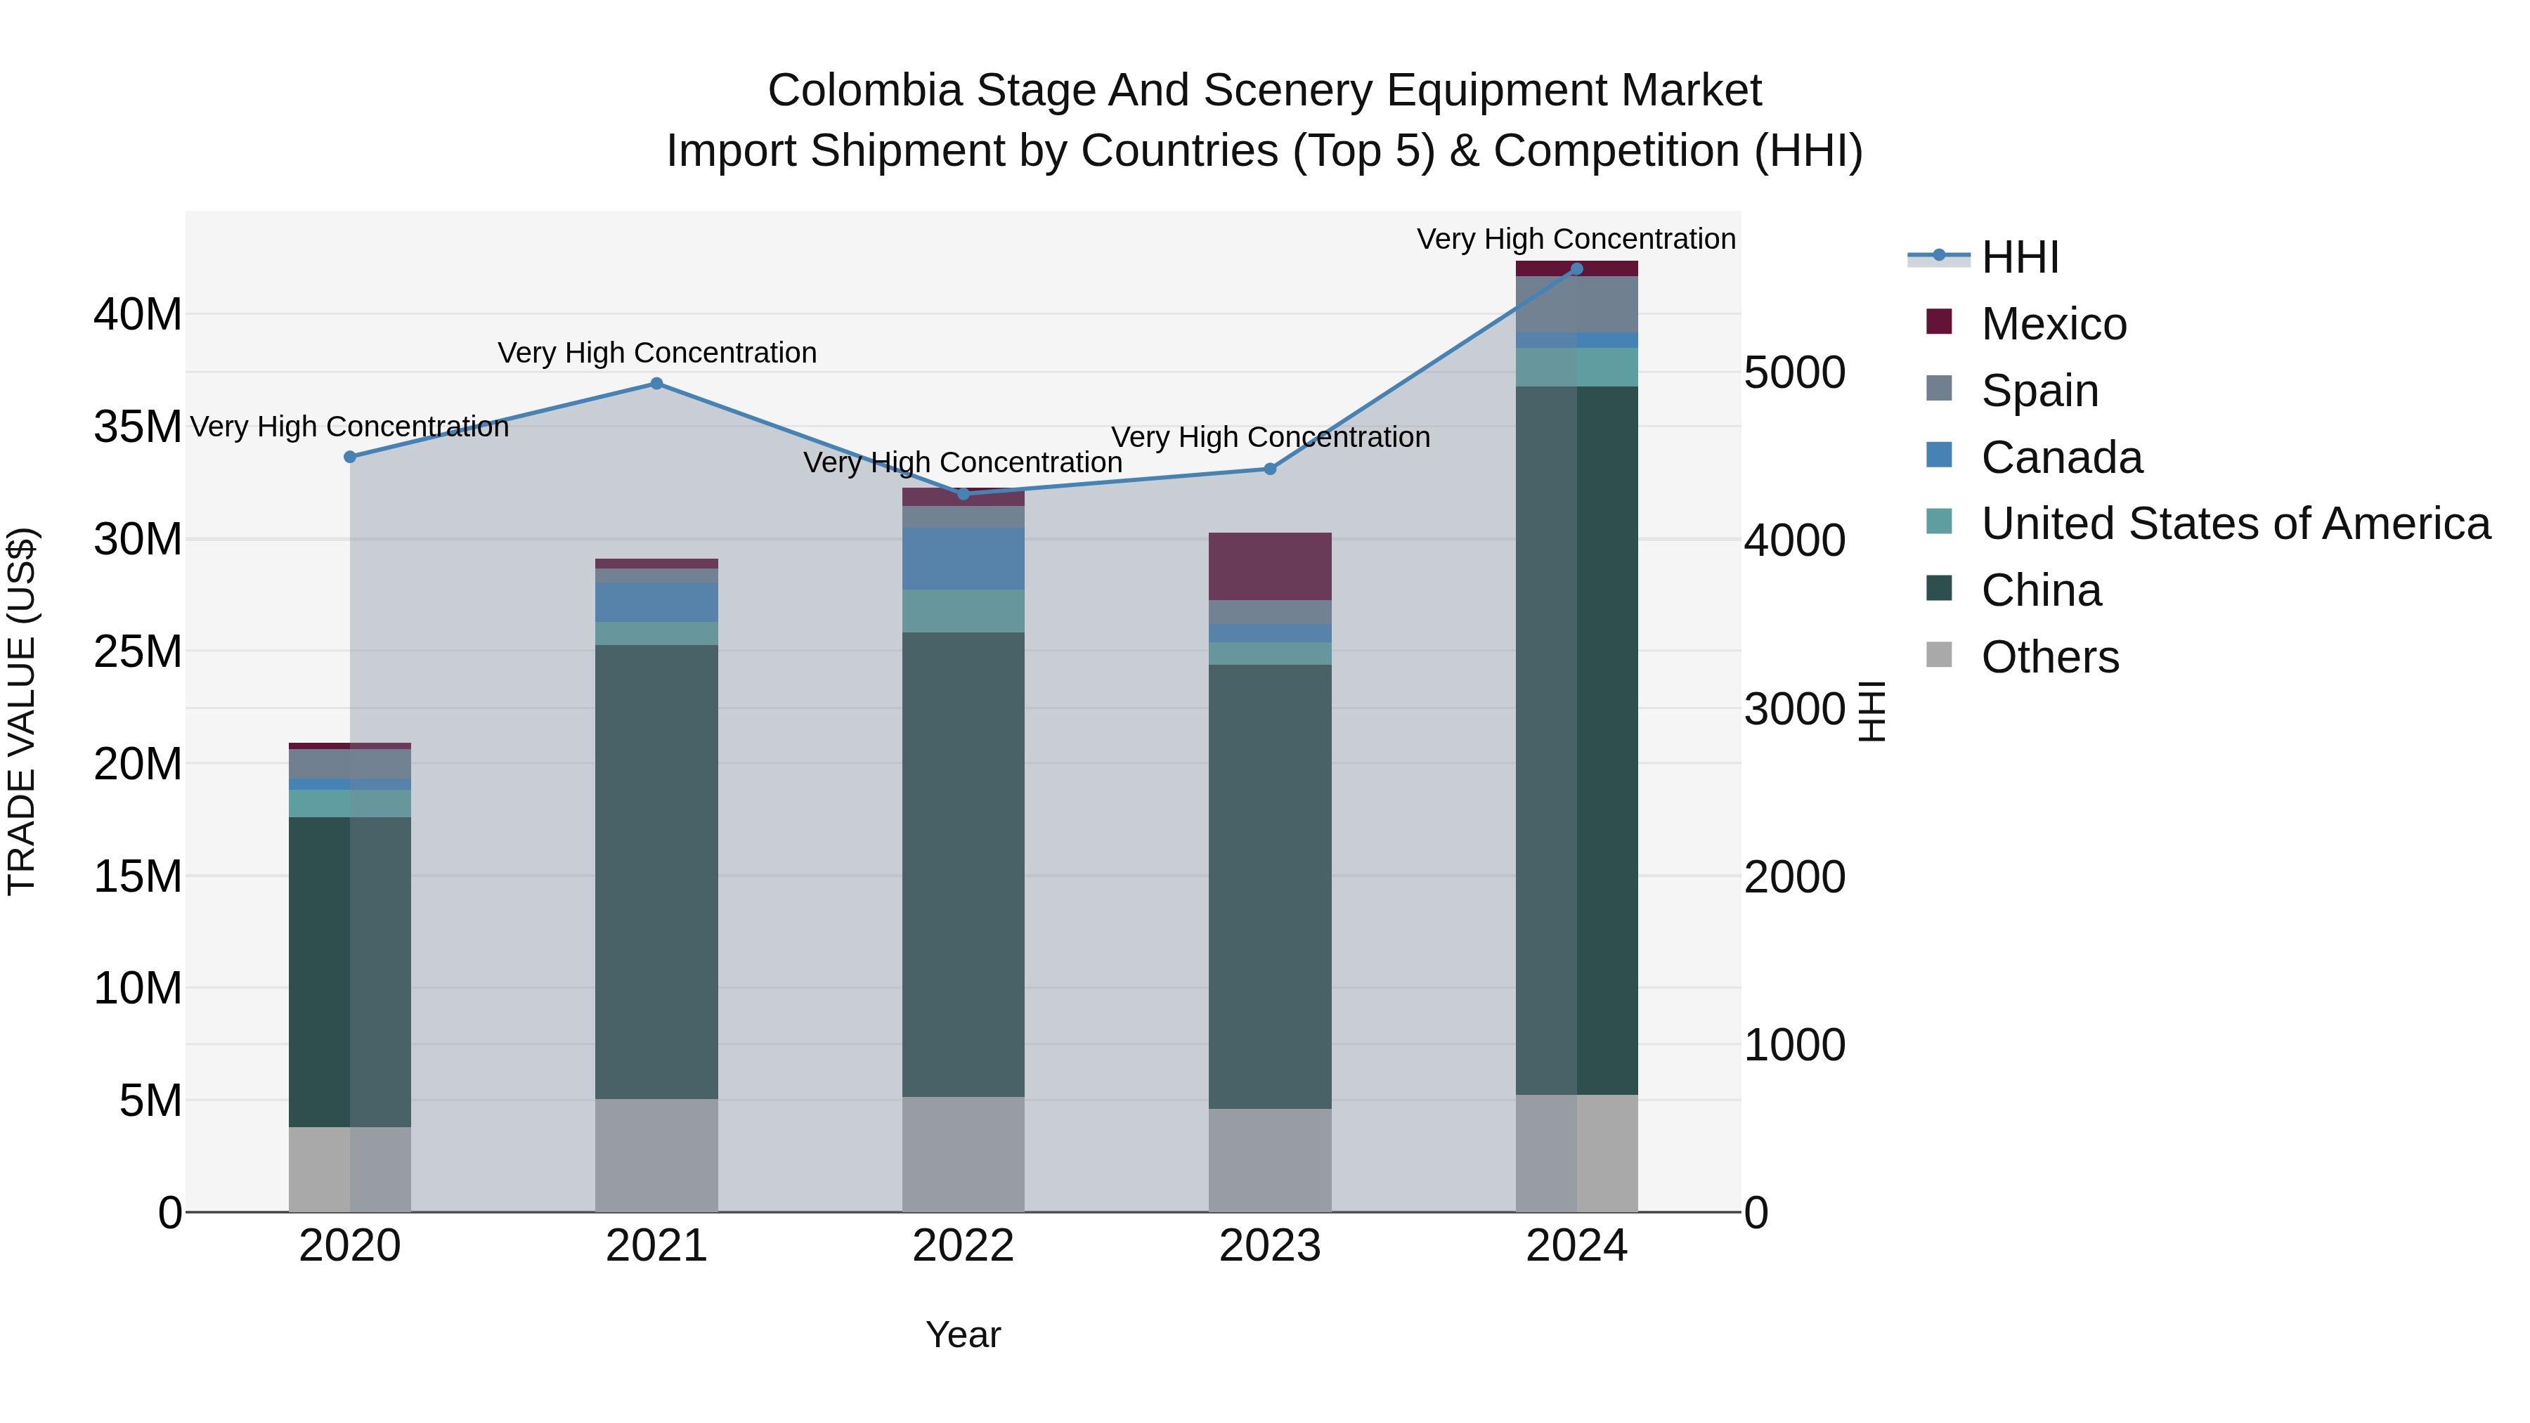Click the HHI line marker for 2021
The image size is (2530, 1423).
coord(656,383)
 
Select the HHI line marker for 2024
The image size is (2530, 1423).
coord(1576,268)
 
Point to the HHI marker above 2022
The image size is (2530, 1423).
coord(963,494)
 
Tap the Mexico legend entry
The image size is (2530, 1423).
coord(2053,324)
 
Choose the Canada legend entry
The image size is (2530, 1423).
coord(2061,457)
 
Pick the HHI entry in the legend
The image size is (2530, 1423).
coord(2019,257)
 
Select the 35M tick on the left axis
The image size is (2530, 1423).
coord(138,427)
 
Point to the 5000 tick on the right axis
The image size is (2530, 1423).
coord(1794,372)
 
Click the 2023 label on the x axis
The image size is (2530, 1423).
coord(1269,1245)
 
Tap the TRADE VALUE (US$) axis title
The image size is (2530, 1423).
coord(22,711)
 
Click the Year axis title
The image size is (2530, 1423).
coord(963,1334)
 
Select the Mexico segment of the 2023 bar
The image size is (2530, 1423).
coord(1269,566)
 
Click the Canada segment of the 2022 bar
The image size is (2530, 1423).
coord(963,558)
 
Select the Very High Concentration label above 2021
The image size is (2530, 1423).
coord(656,353)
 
